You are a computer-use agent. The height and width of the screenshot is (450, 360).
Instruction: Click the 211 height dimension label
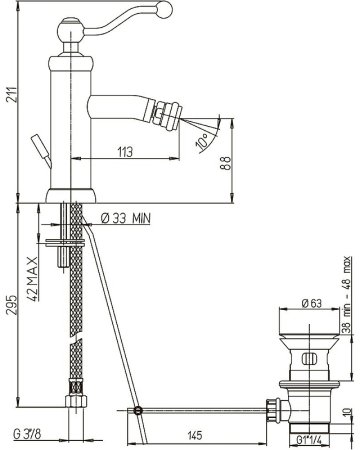tap(12, 95)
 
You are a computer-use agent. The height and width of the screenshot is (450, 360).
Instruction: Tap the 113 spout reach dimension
tap(125, 152)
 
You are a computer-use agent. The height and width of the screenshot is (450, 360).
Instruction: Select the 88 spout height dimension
tap(226, 163)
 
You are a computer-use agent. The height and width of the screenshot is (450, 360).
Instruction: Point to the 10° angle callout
tap(202, 141)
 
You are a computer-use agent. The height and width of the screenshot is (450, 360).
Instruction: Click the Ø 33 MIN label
tap(126, 218)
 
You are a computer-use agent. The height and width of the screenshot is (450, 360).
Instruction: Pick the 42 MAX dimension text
tap(32, 279)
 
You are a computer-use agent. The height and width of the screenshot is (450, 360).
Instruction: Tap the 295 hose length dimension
tap(12, 305)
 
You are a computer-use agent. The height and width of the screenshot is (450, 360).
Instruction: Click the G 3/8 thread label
tap(27, 434)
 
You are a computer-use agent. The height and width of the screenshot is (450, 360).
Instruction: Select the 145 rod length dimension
tap(195, 435)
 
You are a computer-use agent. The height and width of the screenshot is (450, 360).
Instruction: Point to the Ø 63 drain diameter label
tap(312, 303)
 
